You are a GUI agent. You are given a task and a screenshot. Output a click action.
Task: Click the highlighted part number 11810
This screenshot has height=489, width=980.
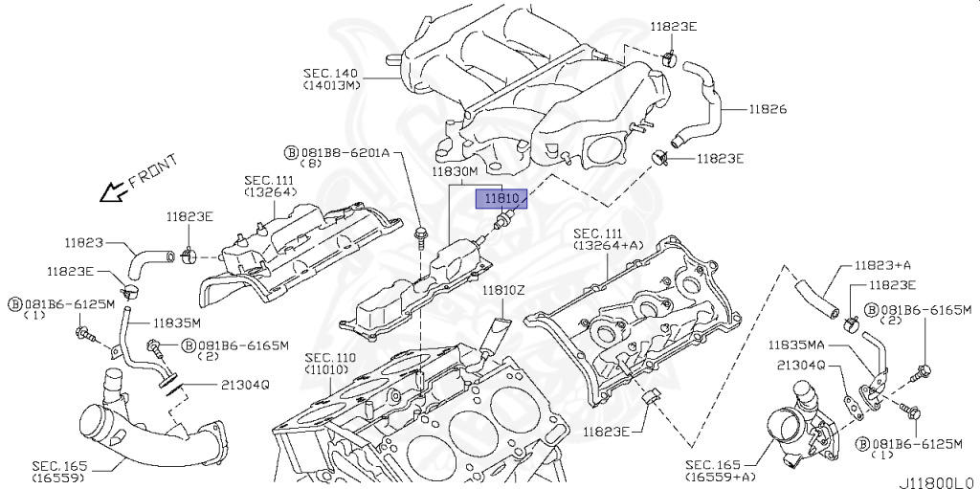pos(501,198)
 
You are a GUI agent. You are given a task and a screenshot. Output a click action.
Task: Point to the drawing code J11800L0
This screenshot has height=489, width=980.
pos(935,481)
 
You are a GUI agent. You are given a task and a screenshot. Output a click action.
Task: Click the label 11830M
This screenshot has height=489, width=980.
pos(454,172)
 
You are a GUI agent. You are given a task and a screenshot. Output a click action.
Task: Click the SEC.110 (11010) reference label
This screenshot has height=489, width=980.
pos(330,363)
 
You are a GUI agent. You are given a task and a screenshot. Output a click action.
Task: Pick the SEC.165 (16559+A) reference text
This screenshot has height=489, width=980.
pos(720,469)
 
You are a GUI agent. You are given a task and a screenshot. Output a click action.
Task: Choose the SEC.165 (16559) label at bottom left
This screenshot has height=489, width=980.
pos(60,470)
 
